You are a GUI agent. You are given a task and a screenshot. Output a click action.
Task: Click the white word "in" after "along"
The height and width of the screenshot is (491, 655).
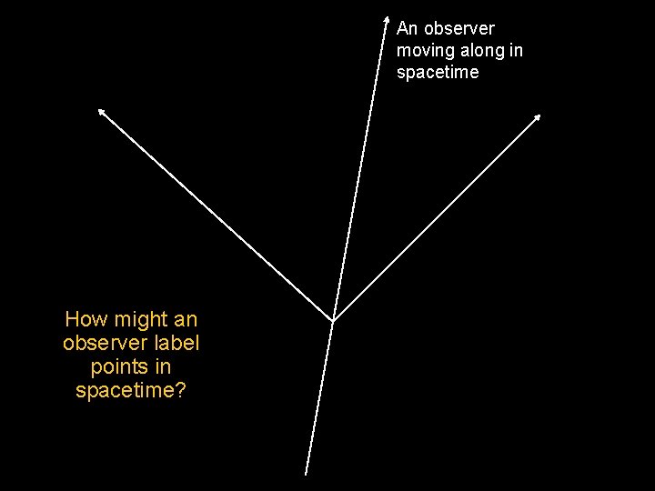[x=517, y=51]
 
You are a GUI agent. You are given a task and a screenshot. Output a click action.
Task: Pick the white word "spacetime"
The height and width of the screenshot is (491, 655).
[x=438, y=73]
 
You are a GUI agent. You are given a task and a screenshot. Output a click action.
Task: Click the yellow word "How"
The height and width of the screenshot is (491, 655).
[x=85, y=320]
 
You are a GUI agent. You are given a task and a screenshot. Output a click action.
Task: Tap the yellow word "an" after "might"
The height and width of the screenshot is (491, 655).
[x=186, y=320]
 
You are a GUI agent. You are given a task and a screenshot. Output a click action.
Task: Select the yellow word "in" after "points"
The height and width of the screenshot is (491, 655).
[x=164, y=367]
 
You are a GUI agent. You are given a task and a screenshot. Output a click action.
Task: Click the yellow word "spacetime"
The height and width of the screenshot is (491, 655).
[x=126, y=391]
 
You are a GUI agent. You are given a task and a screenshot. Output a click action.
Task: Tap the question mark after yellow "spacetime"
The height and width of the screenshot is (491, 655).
[x=181, y=391]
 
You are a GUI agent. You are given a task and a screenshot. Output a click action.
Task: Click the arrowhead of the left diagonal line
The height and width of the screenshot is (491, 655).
[x=101, y=111]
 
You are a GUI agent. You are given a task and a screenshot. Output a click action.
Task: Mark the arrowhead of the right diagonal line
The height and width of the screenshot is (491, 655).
[x=538, y=116]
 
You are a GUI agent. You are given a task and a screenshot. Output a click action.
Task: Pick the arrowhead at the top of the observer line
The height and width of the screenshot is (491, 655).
[x=386, y=17]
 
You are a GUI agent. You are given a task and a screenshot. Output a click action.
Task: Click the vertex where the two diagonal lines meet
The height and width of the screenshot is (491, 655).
[x=333, y=320]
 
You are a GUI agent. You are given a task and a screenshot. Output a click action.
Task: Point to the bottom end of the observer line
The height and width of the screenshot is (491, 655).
[x=306, y=474]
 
